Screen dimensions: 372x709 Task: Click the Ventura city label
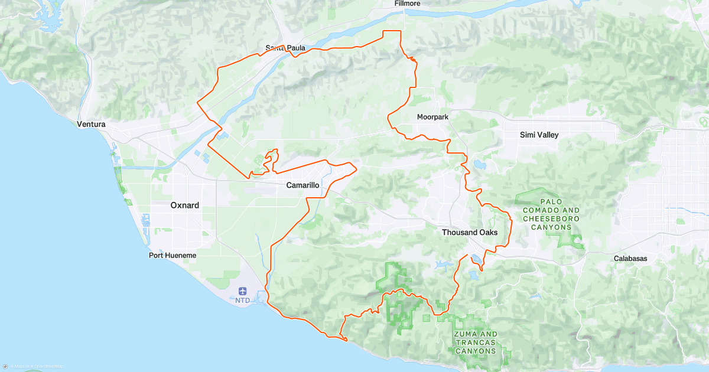[91, 125]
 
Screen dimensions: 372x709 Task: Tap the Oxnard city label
[184, 205]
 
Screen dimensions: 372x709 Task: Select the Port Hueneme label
[172, 255]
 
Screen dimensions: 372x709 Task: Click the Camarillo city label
[303, 185]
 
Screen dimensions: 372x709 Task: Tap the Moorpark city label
[432, 117]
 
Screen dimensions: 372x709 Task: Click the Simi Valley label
[539, 135]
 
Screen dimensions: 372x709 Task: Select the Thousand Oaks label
[470, 233]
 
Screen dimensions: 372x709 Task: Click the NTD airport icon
[243, 291]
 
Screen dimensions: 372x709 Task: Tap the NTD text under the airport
[243, 300]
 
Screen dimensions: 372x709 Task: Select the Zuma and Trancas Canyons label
[476, 342]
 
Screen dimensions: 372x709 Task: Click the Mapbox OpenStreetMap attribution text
[32, 367]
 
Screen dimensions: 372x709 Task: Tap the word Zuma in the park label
[464, 334]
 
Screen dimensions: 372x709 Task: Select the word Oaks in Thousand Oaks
[487, 233]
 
